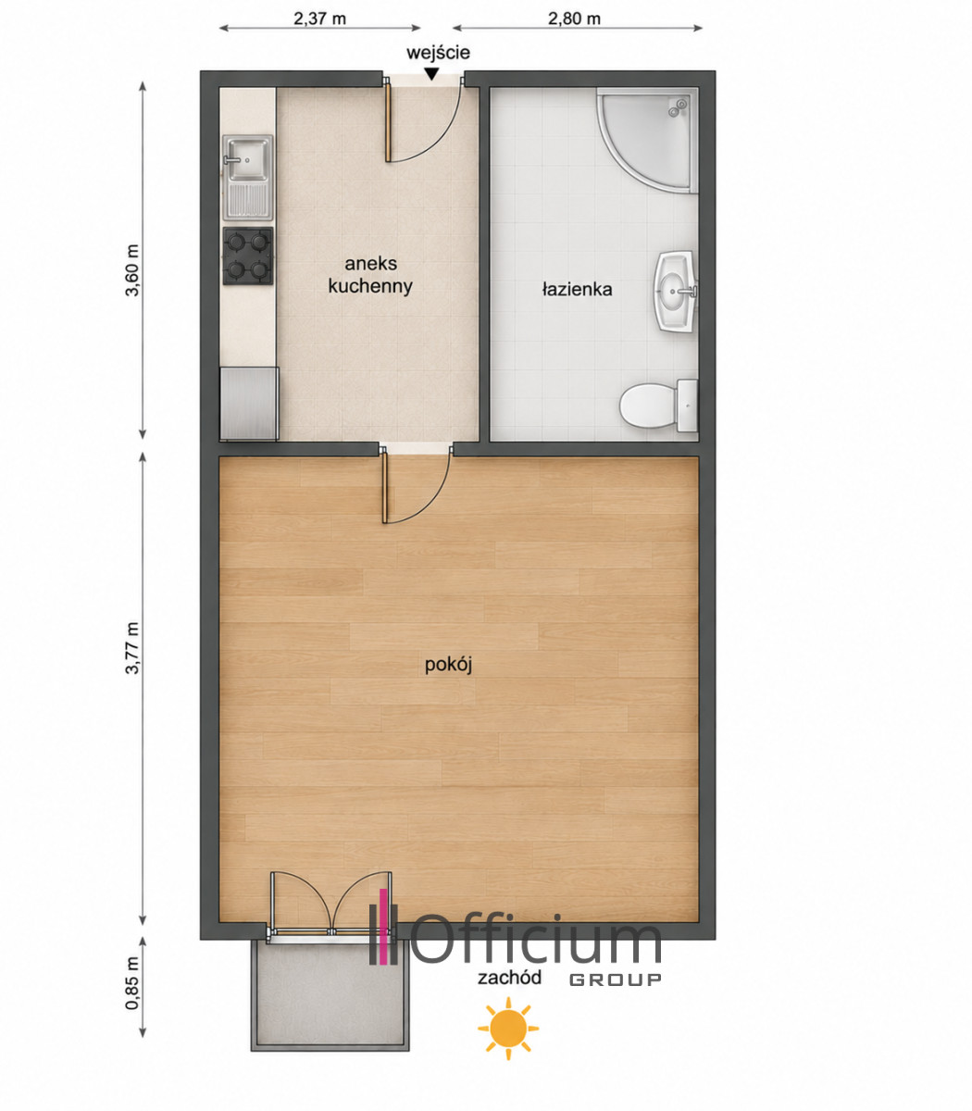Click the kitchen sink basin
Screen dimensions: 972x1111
tap(247, 158)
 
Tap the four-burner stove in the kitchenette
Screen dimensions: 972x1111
tap(248, 256)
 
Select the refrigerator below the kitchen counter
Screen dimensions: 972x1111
tap(249, 404)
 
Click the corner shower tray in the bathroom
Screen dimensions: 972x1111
tap(647, 140)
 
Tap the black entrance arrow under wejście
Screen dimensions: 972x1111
tap(431, 74)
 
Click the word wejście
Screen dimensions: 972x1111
tap(438, 53)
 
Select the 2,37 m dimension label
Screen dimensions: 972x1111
tap(320, 19)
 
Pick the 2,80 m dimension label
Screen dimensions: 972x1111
tap(575, 19)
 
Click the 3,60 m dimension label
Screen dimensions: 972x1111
tap(132, 270)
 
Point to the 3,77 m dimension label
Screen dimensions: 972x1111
tap(132, 648)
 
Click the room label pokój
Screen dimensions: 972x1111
tap(449, 665)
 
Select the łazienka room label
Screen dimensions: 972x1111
tap(578, 290)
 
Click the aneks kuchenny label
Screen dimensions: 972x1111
tap(370, 275)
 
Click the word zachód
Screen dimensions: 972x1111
tap(509, 978)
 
